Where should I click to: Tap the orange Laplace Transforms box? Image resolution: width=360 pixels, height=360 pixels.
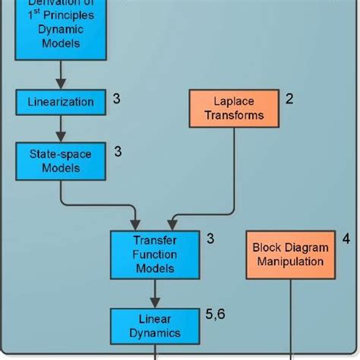click(234, 108)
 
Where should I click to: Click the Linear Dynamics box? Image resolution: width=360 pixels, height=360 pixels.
click(155, 325)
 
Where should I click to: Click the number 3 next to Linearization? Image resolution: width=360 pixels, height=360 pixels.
click(116, 98)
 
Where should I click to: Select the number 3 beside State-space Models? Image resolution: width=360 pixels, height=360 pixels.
click(118, 152)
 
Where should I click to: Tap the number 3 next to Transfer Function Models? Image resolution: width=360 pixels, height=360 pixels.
click(210, 238)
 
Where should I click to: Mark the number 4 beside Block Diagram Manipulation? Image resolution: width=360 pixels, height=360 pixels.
click(346, 238)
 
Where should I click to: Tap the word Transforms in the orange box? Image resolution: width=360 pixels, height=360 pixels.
click(234, 115)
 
